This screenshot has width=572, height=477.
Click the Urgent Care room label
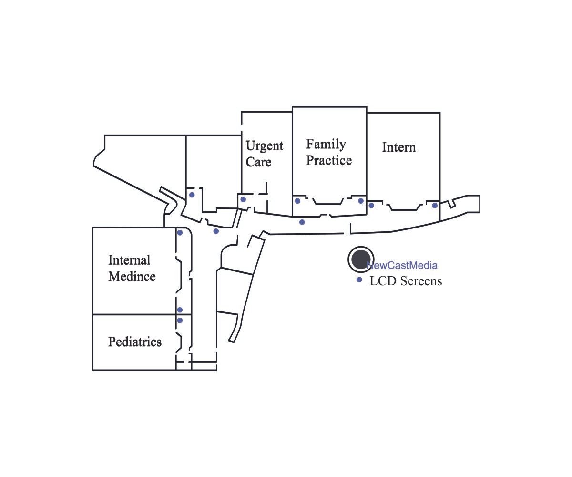click(x=264, y=154)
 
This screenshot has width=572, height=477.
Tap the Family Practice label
click(x=329, y=152)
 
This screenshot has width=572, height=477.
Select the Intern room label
click(x=399, y=147)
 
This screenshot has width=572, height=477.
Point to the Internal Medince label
click(x=132, y=268)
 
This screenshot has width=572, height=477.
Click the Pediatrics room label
click(x=135, y=342)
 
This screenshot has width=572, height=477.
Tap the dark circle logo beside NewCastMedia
click(x=360, y=259)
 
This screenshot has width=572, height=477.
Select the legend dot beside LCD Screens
click(x=359, y=280)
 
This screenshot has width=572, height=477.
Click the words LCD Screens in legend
click(x=406, y=281)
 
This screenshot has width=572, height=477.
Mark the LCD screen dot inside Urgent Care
click(x=243, y=199)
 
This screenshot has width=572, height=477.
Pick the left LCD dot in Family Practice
click(x=297, y=201)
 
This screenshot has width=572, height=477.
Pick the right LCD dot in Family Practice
click(x=361, y=201)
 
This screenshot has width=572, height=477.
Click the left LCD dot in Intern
click(x=371, y=206)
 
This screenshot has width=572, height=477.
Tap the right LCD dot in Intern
click(x=435, y=206)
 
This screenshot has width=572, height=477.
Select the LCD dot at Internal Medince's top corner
click(x=180, y=233)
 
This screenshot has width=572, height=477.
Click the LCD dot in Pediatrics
click(x=180, y=321)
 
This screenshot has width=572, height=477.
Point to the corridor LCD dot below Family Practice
click(x=302, y=222)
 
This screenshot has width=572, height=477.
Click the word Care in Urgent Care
click(x=258, y=162)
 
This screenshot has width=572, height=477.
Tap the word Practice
click(x=329, y=160)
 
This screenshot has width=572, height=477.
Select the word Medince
click(x=132, y=276)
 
